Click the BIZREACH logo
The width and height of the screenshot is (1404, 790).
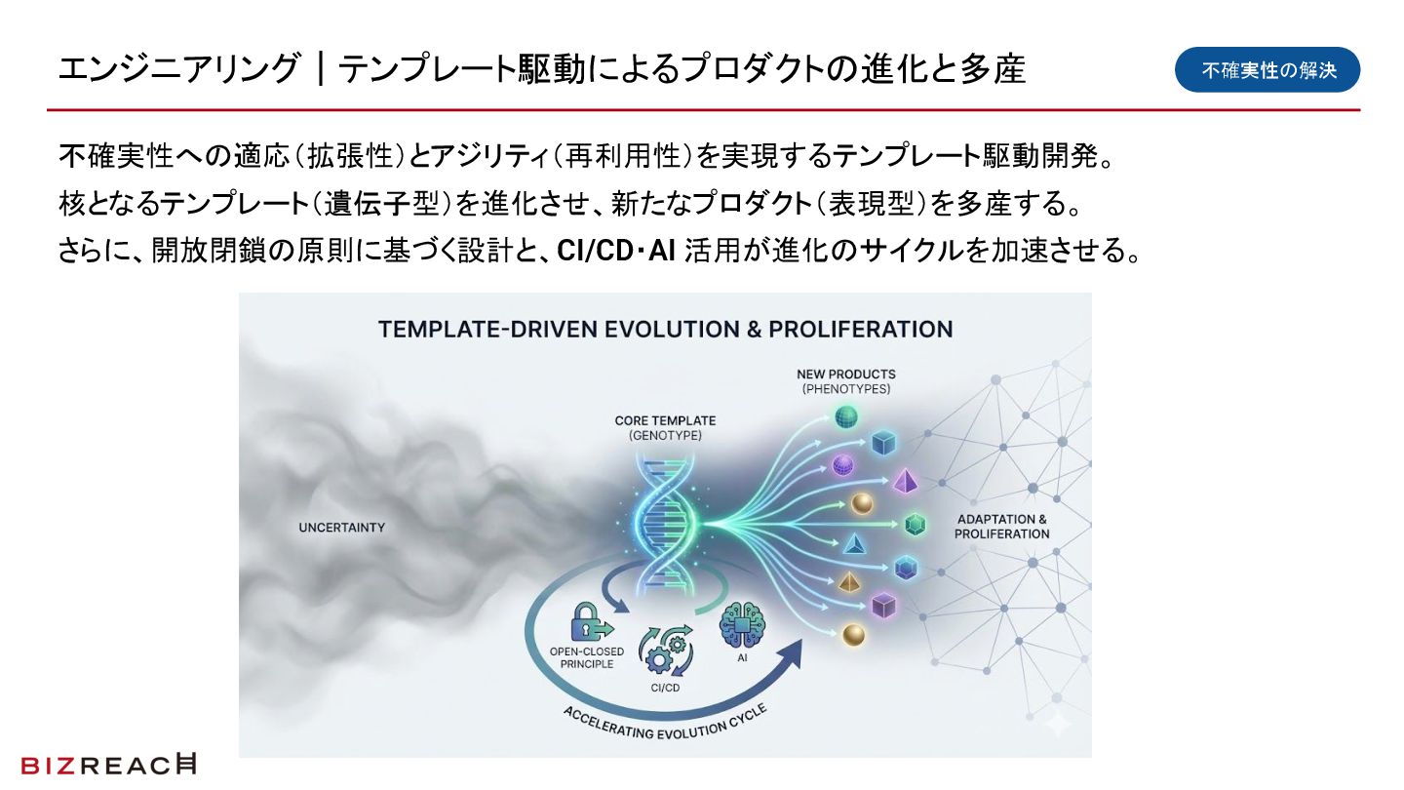[107, 766]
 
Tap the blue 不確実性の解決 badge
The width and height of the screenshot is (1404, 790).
[1267, 70]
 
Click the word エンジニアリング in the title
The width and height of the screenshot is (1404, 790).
[177, 70]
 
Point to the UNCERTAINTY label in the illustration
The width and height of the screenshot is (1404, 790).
[341, 528]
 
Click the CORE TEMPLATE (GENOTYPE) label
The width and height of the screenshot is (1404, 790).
[665, 428]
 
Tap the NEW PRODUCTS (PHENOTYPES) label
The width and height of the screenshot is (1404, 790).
[845, 381]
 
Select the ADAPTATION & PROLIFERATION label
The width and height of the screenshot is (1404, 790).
[1001, 527]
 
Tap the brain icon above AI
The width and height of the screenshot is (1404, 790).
[742, 625]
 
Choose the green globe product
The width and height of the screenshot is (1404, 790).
[844, 418]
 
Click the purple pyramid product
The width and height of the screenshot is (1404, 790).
[906, 480]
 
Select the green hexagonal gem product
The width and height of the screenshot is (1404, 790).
[915, 525]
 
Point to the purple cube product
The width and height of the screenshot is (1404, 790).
[883, 606]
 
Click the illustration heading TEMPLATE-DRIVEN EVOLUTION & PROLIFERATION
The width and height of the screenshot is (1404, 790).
[665, 329]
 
